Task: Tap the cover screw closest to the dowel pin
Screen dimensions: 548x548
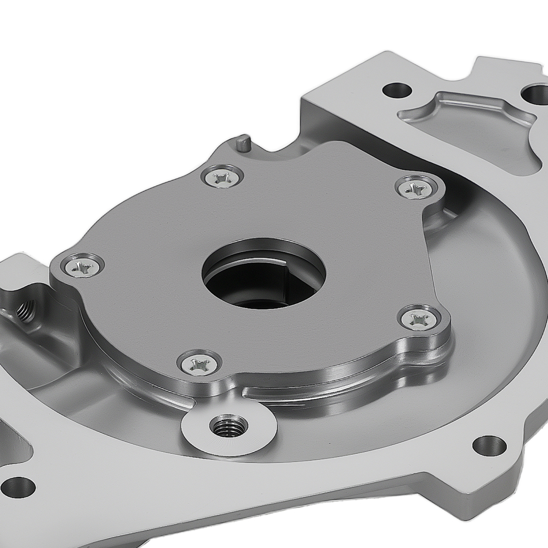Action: pyautogui.click(x=221, y=176)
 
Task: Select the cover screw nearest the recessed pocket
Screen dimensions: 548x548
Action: pyautogui.click(x=416, y=188)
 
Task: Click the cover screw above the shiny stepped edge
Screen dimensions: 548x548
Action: pyautogui.click(x=419, y=318)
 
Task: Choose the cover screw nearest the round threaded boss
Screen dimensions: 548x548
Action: pyautogui.click(x=198, y=362)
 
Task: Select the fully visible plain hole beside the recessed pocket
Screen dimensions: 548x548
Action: pyautogui.click(x=398, y=89)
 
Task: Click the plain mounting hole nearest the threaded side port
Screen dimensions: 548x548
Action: pyautogui.click(x=18, y=486)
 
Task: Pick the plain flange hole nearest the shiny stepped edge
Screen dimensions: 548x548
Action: pyautogui.click(x=489, y=445)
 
